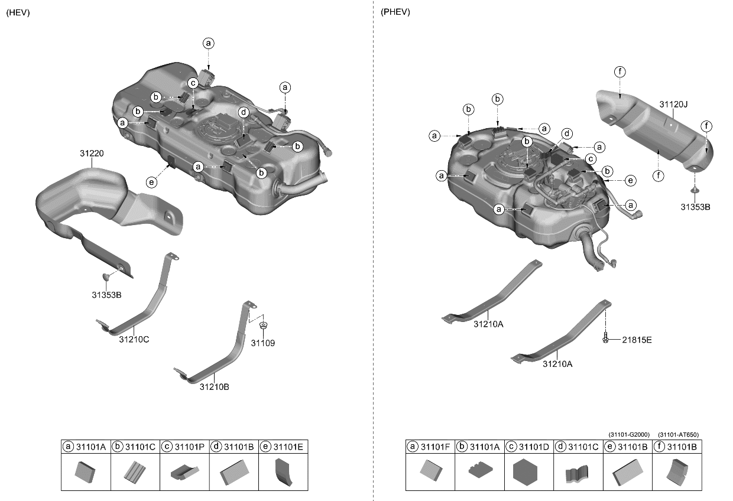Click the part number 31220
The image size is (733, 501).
click(92, 154)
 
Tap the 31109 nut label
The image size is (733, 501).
click(263, 343)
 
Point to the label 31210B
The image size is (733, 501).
click(214, 388)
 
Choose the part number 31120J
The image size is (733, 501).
click(673, 104)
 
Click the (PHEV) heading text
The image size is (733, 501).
click(395, 12)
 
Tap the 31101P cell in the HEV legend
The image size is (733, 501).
click(184, 447)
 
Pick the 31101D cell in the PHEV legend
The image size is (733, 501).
click(529, 447)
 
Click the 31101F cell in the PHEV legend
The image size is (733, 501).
click(430, 447)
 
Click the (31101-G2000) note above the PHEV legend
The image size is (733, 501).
click(628, 435)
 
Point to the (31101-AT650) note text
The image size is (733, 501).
click(678, 435)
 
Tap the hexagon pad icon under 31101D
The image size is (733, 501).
click(529, 474)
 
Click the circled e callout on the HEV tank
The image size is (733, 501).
click(152, 183)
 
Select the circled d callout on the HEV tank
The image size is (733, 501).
click(243, 112)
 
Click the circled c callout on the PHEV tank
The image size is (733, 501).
click(589, 158)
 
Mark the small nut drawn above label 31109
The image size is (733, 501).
click(263, 324)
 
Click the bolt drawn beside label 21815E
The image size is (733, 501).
click(606, 340)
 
